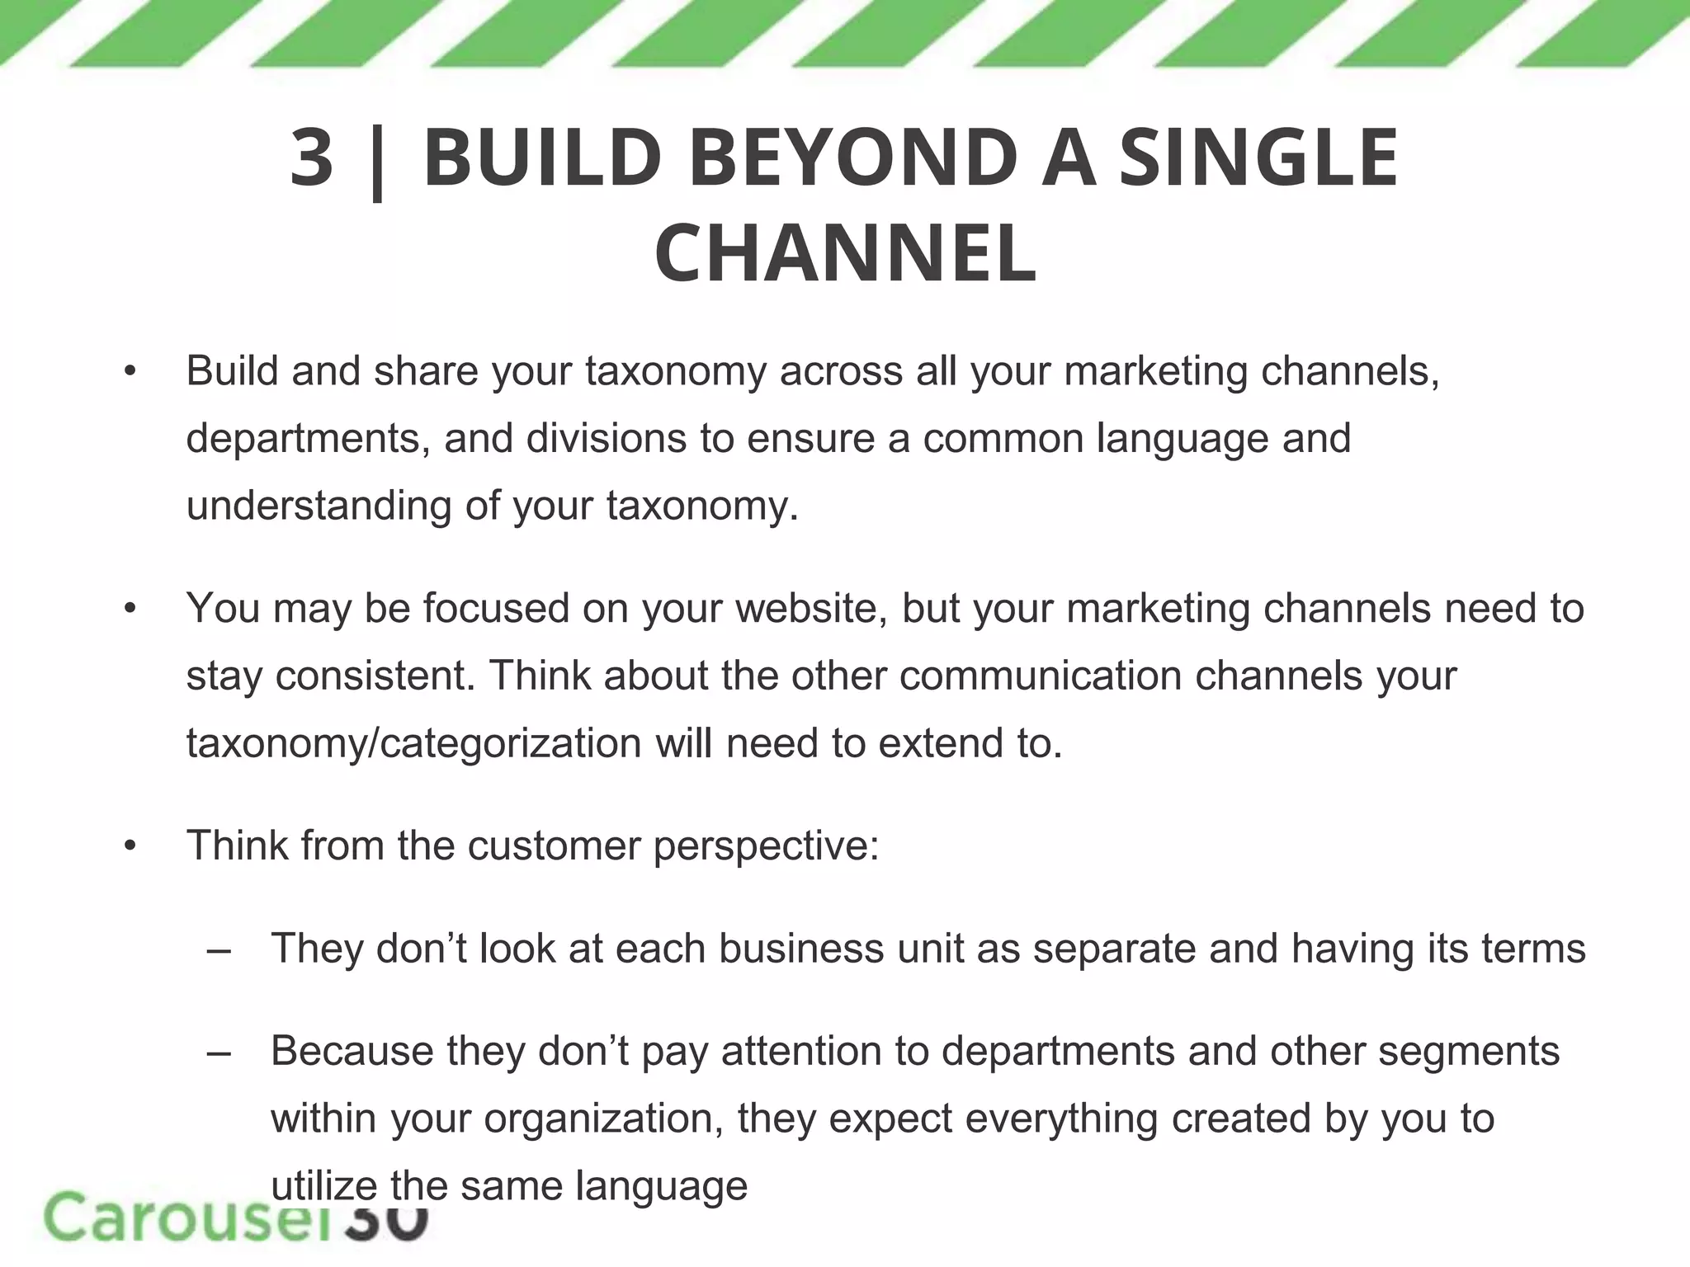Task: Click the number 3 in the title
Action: tap(312, 158)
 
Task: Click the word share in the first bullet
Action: tap(426, 371)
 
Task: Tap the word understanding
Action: tap(319, 506)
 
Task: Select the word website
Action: tap(811, 609)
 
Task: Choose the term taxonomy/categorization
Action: tap(413, 743)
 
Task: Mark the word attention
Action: tap(806, 1052)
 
